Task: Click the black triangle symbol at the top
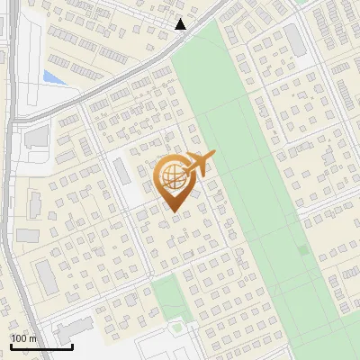181,24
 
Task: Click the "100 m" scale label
23,338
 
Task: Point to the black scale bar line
41,346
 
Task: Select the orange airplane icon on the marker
199,164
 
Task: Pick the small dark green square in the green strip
303,250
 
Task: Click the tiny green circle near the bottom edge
177,328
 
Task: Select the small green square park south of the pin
166,294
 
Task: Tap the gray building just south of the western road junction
37,137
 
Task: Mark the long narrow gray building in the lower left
46,276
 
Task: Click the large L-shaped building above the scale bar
76,327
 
